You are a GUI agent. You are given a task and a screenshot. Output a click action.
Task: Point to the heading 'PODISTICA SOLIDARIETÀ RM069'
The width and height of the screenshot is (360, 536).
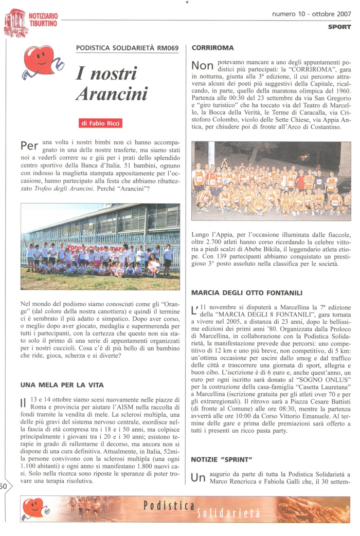tap(127, 48)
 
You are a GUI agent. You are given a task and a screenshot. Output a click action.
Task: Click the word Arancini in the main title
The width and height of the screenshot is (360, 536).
tap(112, 94)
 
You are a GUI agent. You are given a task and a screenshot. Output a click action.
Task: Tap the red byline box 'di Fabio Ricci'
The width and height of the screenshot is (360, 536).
tap(101, 123)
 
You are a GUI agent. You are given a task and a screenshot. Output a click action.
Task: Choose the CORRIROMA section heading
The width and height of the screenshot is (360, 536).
tap(212, 48)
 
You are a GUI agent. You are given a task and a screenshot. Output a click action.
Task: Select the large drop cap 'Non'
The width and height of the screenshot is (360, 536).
tap(202, 66)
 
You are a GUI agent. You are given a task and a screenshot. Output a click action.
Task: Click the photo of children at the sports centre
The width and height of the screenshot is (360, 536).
tap(100, 247)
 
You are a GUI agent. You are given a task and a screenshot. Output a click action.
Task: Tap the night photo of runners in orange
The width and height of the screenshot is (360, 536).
tap(271, 181)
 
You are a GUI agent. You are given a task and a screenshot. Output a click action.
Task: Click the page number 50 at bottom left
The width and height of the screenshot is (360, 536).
tap(4, 486)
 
